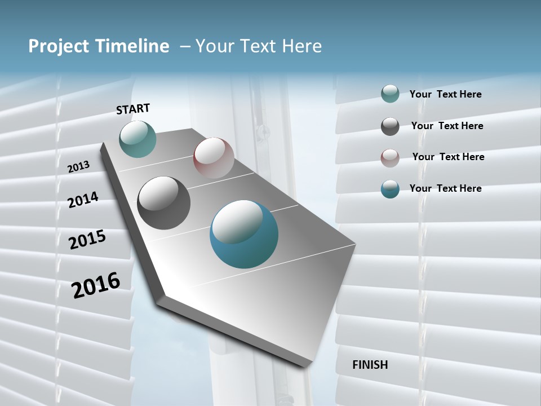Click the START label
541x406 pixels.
click(x=133, y=109)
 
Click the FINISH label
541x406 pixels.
click(x=370, y=365)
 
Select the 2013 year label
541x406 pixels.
click(x=78, y=167)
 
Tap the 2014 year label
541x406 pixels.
click(x=83, y=200)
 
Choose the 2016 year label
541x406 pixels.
click(x=96, y=285)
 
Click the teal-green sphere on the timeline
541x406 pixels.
click(x=138, y=139)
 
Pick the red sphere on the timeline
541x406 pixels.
click(x=214, y=158)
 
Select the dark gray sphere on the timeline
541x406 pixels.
click(x=164, y=203)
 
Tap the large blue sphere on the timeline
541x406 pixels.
click(x=244, y=234)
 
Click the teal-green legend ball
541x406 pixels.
click(x=390, y=94)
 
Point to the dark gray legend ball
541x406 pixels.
click(x=390, y=126)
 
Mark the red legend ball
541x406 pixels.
click(x=390, y=158)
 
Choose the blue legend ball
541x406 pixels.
click(x=390, y=189)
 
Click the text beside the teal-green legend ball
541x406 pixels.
click(x=445, y=94)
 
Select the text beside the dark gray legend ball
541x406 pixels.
click(x=447, y=126)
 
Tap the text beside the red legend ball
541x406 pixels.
click(x=448, y=157)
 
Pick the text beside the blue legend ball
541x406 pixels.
click(x=445, y=188)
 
